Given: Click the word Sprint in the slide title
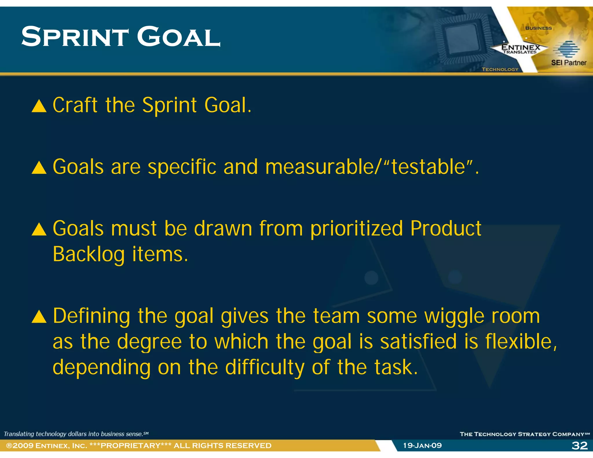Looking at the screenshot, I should point(75,37).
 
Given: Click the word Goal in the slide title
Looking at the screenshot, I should point(178,37).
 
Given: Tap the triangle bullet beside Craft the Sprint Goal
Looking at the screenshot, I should point(39,106).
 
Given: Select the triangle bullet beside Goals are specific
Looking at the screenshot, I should point(39,168).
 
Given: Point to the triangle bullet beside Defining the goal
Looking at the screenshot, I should point(39,316).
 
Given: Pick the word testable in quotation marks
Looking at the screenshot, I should point(428,167).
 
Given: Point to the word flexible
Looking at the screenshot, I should point(518,342).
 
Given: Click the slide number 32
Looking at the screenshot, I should point(579,446).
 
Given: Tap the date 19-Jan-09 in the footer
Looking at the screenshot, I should point(422,446).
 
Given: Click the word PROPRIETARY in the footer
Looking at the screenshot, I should point(131,446).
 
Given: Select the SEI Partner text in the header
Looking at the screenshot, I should point(568,63).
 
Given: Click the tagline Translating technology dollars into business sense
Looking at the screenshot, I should point(76,434).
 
